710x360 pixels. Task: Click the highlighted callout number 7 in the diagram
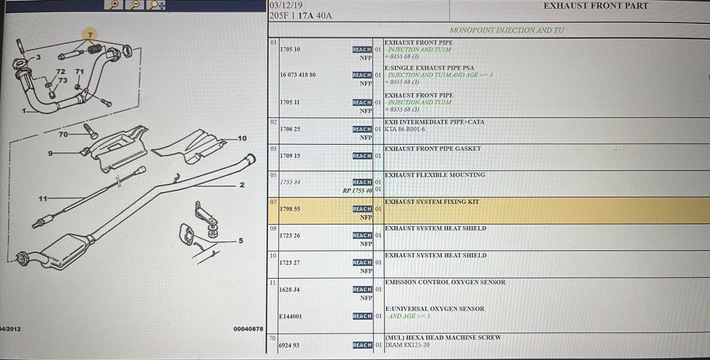(x=91, y=34)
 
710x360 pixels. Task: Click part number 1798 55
(x=290, y=209)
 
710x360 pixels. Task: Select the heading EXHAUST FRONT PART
(x=596, y=6)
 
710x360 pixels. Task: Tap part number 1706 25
(x=290, y=129)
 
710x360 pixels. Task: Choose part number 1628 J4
(x=290, y=289)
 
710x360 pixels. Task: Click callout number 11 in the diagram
(x=43, y=198)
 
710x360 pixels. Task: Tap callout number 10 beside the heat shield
(x=242, y=138)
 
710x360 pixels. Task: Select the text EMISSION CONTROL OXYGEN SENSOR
(x=445, y=282)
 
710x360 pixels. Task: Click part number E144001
(x=290, y=316)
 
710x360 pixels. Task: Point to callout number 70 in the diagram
(x=63, y=134)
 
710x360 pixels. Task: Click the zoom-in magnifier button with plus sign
(x=114, y=5)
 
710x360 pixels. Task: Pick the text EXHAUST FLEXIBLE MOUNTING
(x=434, y=175)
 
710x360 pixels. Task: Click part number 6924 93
(x=290, y=346)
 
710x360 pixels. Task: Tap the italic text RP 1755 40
(x=357, y=191)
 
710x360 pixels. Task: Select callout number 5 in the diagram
(x=241, y=241)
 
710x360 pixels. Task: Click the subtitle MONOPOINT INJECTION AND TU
(x=506, y=30)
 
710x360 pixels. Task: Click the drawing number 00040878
(x=248, y=328)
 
